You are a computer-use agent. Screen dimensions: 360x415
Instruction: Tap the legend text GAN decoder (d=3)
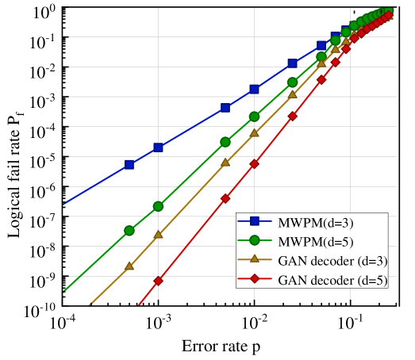pyautogui.click(x=332, y=260)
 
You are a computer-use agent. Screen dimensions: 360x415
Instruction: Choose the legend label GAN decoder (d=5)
pyautogui.click(x=332, y=280)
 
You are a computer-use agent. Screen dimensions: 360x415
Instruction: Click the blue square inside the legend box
pyautogui.click(x=255, y=221)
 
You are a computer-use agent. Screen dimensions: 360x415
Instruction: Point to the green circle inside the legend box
pyautogui.click(x=255, y=240)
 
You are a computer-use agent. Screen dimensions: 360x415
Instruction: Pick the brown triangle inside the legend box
pyautogui.click(x=255, y=259)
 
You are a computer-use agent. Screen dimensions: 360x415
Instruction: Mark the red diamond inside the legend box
pyautogui.click(x=255, y=279)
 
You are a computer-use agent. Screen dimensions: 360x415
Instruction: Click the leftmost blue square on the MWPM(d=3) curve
pyautogui.click(x=129, y=165)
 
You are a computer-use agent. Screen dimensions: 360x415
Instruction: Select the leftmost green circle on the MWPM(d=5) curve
pyautogui.click(x=129, y=231)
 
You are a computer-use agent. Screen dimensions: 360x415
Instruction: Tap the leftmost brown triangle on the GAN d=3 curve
pyautogui.click(x=129, y=266)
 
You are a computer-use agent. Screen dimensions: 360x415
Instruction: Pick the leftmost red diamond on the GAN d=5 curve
pyautogui.click(x=158, y=281)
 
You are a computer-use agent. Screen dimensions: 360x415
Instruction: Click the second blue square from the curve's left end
pyautogui.click(x=158, y=147)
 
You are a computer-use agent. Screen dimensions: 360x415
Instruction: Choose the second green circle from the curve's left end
pyautogui.click(x=158, y=206)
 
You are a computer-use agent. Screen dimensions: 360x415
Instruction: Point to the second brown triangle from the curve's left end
pyautogui.click(x=158, y=235)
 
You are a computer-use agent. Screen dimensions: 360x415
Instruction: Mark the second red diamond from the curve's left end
pyautogui.click(x=225, y=198)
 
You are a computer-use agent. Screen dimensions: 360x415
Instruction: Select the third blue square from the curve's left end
pyautogui.click(x=225, y=108)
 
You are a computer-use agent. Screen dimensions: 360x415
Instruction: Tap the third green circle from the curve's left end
pyautogui.click(x=225, y=142)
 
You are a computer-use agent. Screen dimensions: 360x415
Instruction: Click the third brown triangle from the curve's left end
pyautogui.click(x=225, y=163)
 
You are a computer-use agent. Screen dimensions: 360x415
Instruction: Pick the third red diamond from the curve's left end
pyautogui.click(x=254, y=164)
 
